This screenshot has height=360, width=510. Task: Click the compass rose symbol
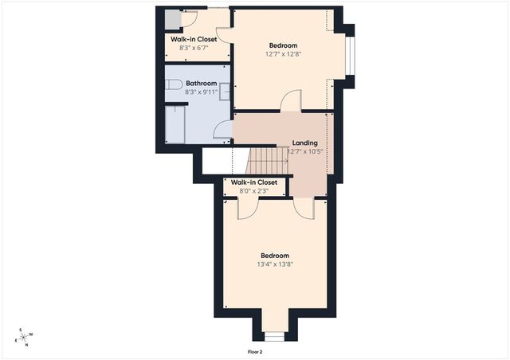pos(23,338)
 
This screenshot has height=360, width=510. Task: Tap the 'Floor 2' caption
pos(255,351)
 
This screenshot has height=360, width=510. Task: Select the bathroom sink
pos(226,92)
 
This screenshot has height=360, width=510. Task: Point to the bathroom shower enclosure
pos(175,124)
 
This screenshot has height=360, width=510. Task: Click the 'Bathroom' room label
pos(201,83)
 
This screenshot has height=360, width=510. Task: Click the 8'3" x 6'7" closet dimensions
pos(195,48)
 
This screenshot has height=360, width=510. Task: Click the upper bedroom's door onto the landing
pos(291,101)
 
